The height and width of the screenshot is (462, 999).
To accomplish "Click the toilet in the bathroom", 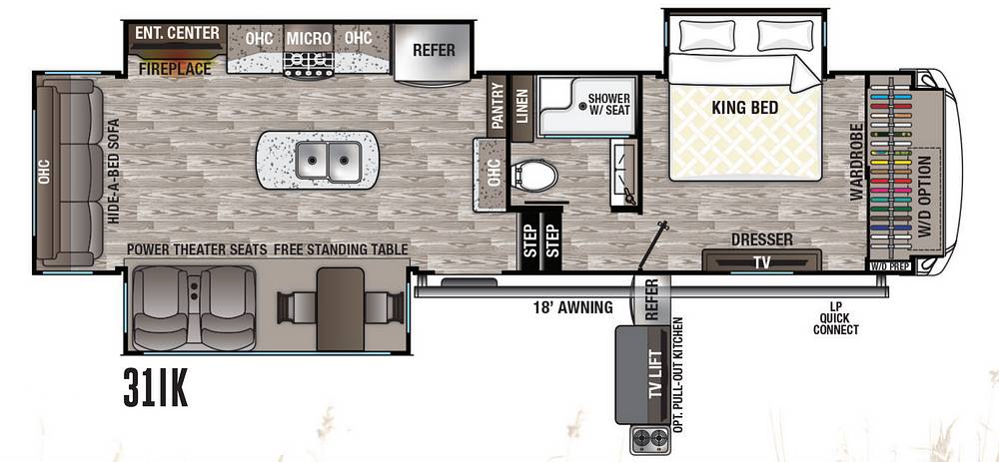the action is pos(533,174).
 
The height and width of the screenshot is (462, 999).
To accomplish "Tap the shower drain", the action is pos(582,107).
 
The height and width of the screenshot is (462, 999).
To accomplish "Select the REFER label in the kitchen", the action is pos(434,50).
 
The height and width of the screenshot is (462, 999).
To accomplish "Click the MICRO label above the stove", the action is pos(309,39).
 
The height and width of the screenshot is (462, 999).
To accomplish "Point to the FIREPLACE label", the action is pos(175,68).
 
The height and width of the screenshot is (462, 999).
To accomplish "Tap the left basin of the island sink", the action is pos(312,160).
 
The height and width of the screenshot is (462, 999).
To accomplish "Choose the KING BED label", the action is pos(745,108).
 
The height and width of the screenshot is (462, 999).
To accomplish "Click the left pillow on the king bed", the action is pos(707,36).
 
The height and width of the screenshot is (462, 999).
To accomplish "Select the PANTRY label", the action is pos(497,107).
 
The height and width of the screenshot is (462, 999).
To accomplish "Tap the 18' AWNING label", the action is pos(573,308).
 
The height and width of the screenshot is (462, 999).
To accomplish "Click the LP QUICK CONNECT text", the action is pos(836,317).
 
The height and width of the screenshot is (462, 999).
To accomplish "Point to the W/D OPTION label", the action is pos(928,197).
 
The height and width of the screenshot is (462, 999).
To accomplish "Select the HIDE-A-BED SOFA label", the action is pos(114,171).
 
